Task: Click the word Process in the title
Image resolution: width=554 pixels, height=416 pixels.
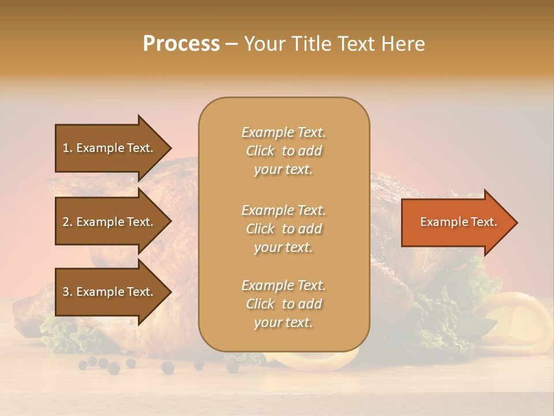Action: click(181, 44)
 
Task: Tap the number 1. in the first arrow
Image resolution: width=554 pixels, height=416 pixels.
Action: click(68, 148)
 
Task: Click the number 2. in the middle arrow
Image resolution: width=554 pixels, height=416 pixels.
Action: click(68, 222)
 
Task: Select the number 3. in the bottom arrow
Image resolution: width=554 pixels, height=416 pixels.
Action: click(68, 292)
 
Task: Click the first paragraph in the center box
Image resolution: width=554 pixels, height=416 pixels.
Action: click(283, 151)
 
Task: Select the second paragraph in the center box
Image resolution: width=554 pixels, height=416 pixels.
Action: click(283, 228)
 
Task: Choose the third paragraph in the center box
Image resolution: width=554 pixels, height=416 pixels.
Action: click(283, 304)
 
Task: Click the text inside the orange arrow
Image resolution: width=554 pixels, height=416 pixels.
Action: click(458, 222)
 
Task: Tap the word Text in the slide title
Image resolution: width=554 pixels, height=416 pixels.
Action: click(356, 44)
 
